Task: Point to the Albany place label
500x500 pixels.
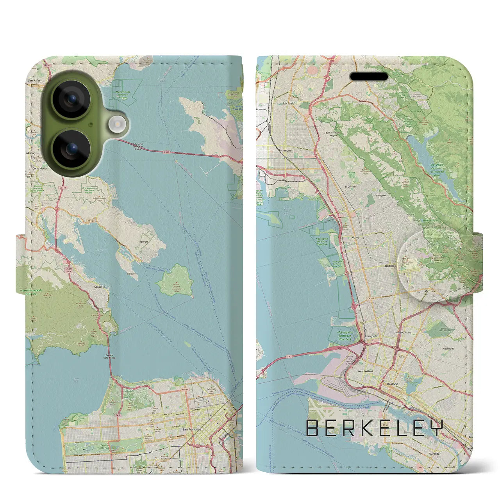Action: pyautogui.click(x=355, y=237)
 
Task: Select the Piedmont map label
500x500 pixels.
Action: pyautogui.click(x=448, y=348)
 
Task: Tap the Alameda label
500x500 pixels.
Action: pyautogui.click(x=434, y=454)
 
